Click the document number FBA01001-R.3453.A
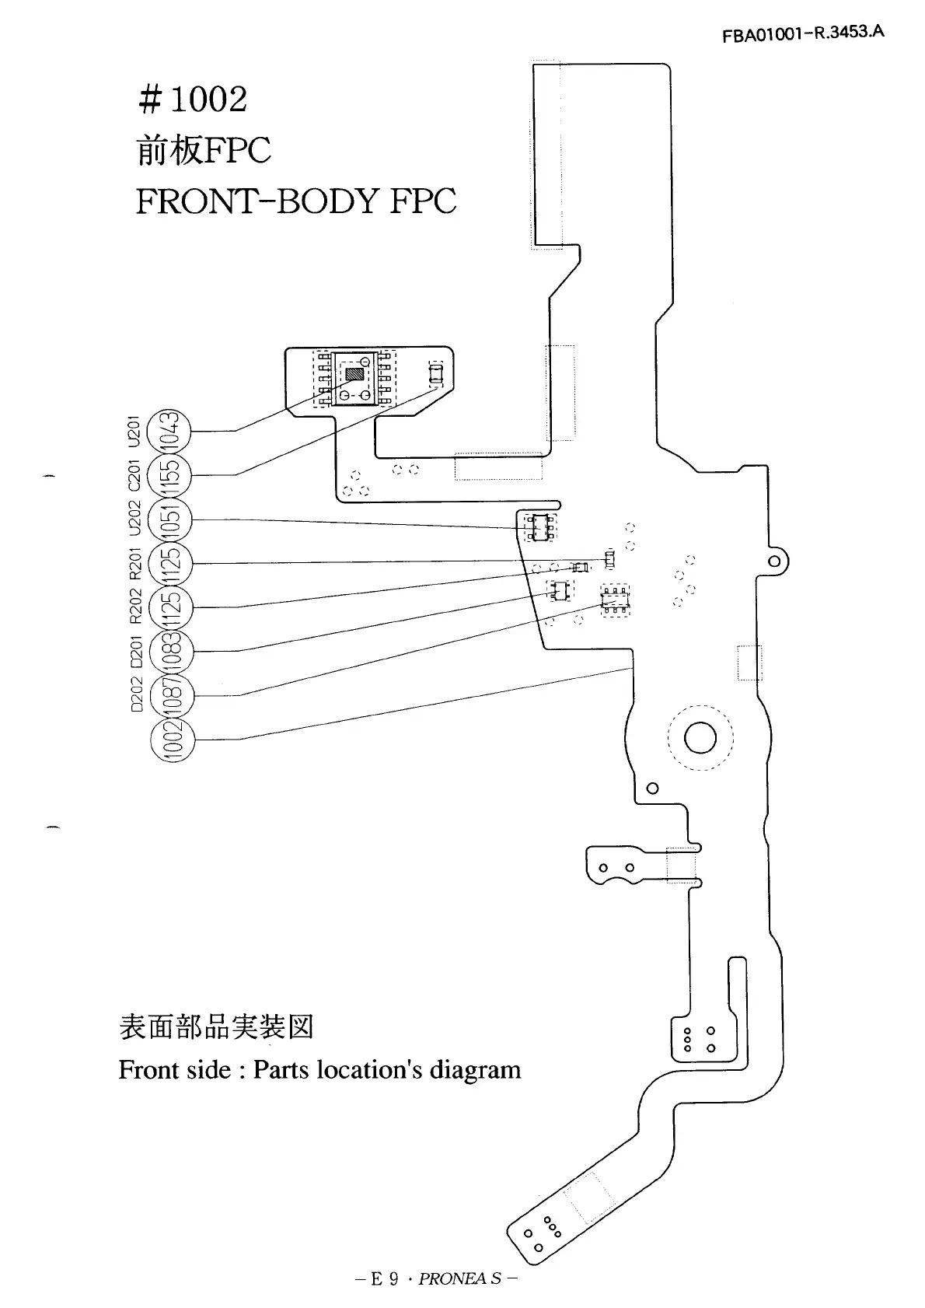coord(803,34)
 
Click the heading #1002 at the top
coord(193,100)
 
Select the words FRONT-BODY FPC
coord(296,201)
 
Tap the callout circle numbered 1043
coord(169,431)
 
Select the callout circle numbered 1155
coord(169,475)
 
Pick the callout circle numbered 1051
coord(169,519)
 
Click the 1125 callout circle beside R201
coord(170,564)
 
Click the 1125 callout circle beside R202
coord(171,608)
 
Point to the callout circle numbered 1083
coord(172,652)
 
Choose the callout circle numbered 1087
coord(172,696)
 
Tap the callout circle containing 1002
coord(173,740)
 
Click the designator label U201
coord(134,432)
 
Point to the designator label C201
coord(134,475)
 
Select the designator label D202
coord(137,695)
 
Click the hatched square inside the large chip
coord(354,374)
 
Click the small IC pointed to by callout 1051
coord(539,526)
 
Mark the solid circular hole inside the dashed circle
coord(700,738)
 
